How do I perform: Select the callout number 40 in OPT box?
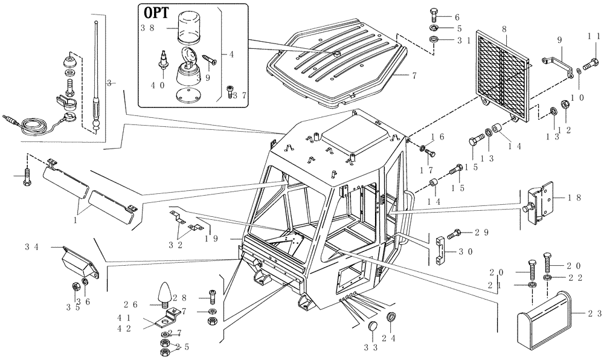pos(158,86)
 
